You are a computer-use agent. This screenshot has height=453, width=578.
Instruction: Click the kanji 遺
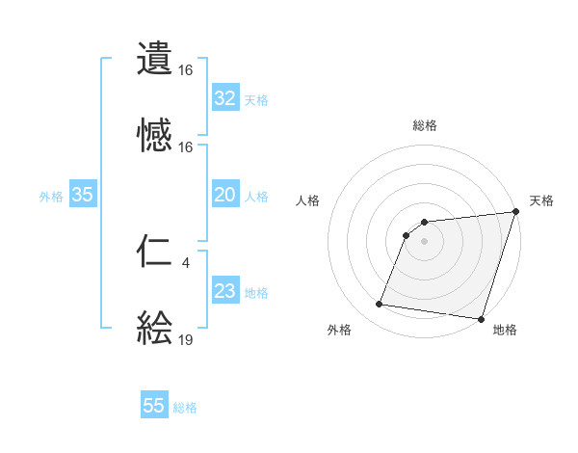154,59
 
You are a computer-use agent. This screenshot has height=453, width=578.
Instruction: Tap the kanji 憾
154,136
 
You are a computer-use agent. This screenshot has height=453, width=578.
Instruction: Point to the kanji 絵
154,329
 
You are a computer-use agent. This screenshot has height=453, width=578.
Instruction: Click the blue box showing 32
225,98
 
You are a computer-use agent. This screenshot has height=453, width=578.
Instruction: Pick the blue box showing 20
225,195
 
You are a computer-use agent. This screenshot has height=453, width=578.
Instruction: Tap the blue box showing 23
225,291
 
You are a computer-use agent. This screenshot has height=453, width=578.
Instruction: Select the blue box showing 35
83,195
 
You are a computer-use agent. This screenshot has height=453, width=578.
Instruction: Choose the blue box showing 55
154,406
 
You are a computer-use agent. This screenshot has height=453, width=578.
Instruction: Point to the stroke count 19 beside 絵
186,339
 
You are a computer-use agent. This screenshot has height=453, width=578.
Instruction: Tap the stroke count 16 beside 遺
186,69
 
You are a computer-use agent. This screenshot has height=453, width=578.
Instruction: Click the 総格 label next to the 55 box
185,407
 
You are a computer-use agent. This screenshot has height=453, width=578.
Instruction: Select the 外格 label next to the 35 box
51,196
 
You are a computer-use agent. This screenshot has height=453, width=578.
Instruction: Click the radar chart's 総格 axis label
424,125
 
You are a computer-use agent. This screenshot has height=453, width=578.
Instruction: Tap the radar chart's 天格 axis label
541,200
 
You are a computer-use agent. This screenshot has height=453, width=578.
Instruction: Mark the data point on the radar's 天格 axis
515,213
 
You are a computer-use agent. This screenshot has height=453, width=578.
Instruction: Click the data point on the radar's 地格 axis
481,319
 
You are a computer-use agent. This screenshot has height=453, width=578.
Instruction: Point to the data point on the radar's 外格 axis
379,305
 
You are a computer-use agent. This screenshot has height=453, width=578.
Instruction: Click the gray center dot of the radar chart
424,241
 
